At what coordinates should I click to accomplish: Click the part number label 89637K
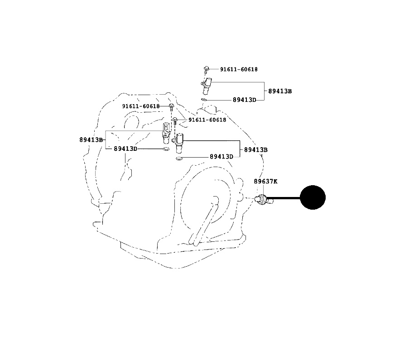tap(265, 181)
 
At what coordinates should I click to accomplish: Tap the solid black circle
tap(313, 197)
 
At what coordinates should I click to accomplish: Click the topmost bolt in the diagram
tap(207, 70)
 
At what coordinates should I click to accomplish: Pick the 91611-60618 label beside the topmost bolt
tap(239, 69)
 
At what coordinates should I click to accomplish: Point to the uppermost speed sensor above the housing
tap(206, 86)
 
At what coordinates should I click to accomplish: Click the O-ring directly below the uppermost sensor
tap(203, 100)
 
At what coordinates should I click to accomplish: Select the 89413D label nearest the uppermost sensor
tap(245, 100)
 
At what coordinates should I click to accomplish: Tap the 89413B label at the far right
tap(280, 91)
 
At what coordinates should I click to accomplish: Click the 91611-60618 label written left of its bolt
tap(141, 106)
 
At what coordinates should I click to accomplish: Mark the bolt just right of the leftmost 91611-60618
tap(171, 107)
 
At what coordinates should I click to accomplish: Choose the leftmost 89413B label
tap(91, 139)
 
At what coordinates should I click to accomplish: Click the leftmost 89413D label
tap(125, 149)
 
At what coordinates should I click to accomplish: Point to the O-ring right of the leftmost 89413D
tap(166, 149)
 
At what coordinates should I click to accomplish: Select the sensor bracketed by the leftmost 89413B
tap(165, 133)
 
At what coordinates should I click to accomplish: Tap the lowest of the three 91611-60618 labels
tap(207, 120)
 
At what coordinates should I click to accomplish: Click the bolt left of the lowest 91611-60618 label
tap(175, 121)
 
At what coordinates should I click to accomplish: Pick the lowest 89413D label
tap(221, 157)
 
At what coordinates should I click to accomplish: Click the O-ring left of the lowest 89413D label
tap(179, 158)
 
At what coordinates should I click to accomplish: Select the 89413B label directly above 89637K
tap(256, 149)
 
